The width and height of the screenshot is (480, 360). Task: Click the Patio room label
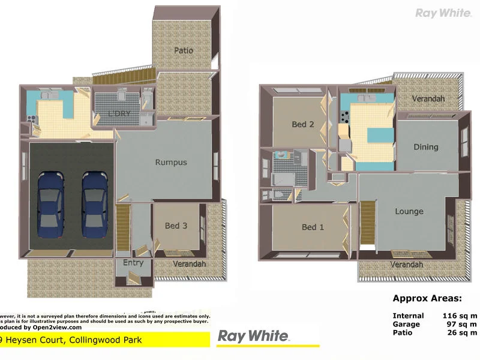click(x=184, y=50)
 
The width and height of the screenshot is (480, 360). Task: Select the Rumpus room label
click(x=171, y=162)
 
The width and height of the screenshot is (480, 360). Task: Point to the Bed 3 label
click(x=176, y=226)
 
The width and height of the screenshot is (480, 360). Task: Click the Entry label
click(x=133, y=263)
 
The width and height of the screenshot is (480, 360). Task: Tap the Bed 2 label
click(x=303, y=125)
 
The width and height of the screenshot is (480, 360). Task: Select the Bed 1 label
click(x=313, y=227)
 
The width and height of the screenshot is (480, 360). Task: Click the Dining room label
click(x=426, y=147)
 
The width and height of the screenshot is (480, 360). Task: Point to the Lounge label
click(x=409, y=211)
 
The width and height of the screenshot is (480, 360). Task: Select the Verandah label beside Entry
click(x=190, y=264)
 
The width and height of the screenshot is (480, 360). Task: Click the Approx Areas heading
click(x=427, y=298)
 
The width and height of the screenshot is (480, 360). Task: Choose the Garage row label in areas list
click(x=407, y=324)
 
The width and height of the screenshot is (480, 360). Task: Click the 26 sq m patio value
click(x=462, y=332)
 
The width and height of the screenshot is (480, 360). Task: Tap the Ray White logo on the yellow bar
click(x=253, y=337)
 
